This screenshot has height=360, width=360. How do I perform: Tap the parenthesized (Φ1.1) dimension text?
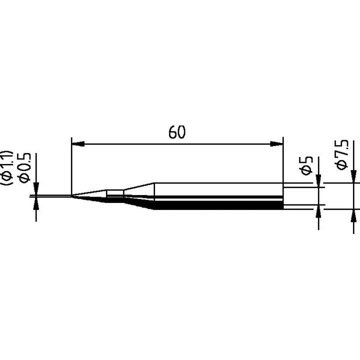pos(8,167)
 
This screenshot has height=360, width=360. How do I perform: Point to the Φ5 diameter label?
pos(307,164)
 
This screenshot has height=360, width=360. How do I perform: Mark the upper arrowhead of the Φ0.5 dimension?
pos(35,190)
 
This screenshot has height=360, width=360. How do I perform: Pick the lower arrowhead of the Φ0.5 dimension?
pos(35,202)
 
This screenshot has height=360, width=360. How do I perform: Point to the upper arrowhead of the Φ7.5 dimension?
pos(353,178)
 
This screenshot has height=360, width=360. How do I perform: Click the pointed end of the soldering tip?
pos(73,196)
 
